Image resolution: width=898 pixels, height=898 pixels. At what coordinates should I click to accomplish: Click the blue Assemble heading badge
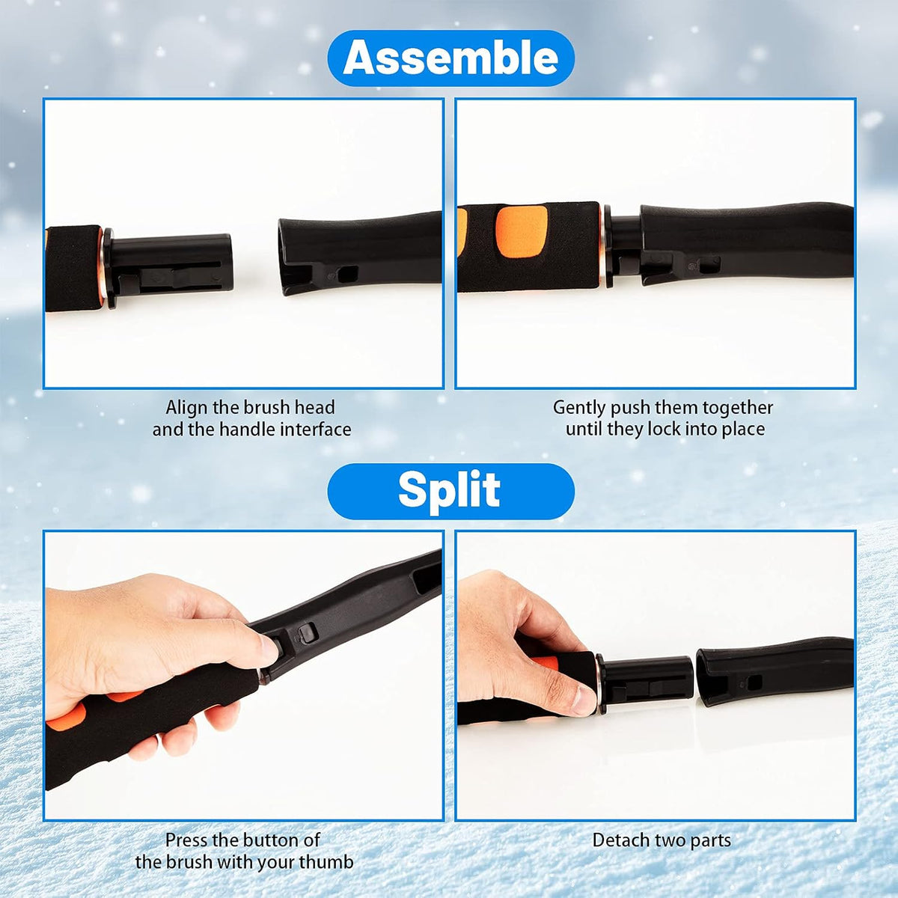(x=450, y=58)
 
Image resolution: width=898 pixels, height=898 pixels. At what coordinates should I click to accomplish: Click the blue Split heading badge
(x=450, y=492)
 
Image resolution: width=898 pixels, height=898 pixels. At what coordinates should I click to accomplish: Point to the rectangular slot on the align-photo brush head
(x=348, y=274)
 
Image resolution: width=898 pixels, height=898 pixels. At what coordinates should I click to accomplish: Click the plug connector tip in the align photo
(x=223, y=263)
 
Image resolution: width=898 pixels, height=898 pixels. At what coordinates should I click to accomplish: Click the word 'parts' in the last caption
(x=711, y=841)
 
